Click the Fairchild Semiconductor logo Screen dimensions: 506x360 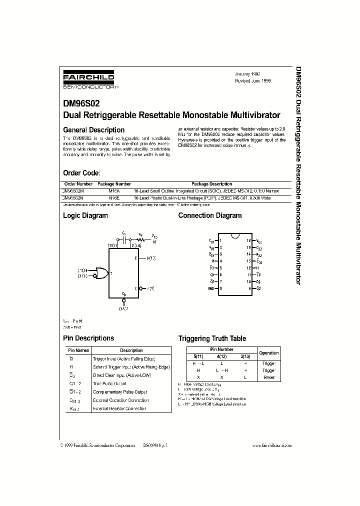[88, 80]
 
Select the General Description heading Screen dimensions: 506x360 [93, 130]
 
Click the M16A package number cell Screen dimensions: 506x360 [115, 191]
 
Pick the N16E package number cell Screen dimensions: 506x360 [115, 198]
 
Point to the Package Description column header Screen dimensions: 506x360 [211, 184]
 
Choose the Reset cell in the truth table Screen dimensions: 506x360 [268, 377]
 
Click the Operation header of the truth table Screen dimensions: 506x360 [268, 353]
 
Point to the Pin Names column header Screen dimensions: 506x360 [77, 350]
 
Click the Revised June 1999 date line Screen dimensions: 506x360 [253, 80]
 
